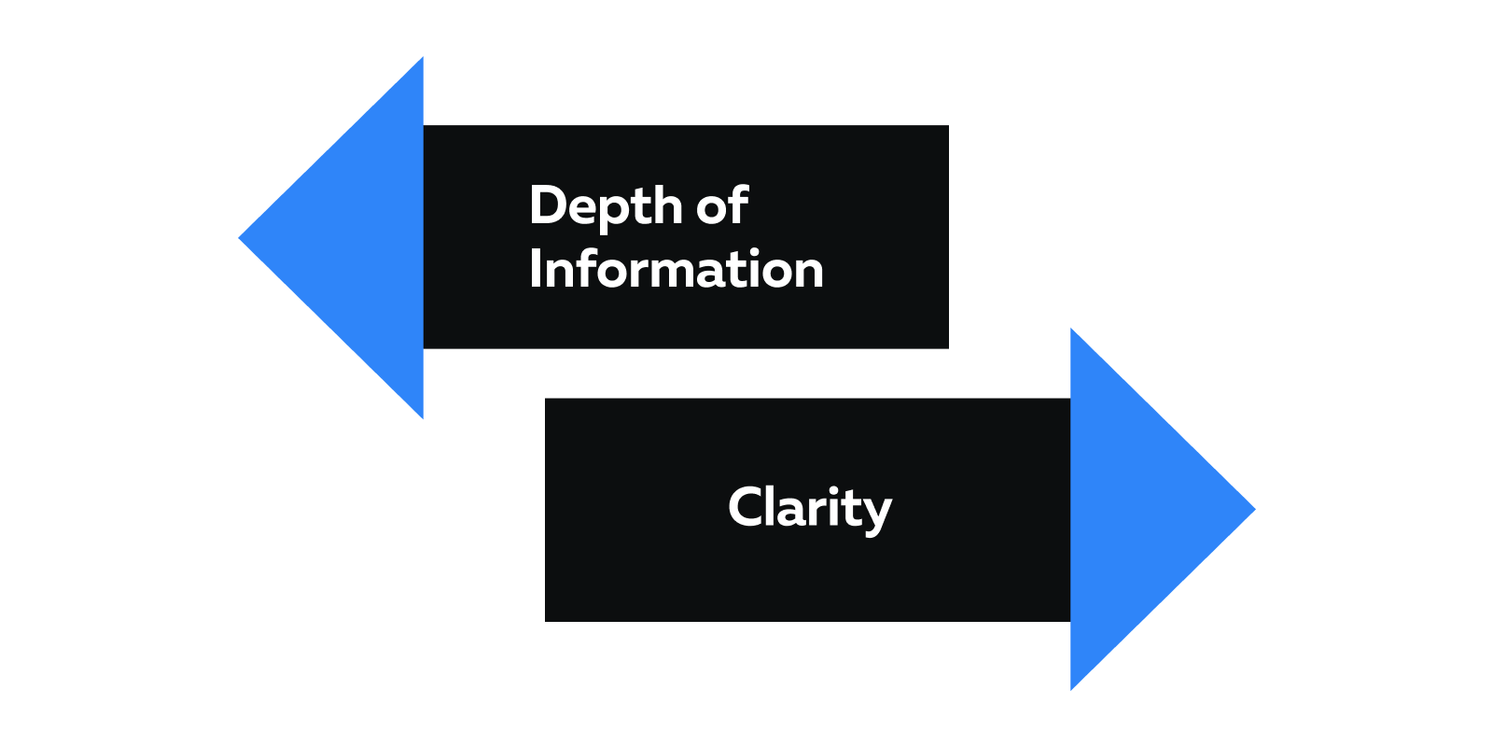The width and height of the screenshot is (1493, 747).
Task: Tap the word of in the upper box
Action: [722, 204]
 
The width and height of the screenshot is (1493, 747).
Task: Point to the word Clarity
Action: [810, 508]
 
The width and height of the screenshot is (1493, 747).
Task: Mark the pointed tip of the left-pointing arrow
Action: [239, 238]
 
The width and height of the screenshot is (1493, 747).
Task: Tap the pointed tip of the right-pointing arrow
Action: [1256, 510]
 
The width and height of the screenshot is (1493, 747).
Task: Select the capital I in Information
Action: [535, 268]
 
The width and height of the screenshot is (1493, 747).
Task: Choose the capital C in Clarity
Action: [746, 507]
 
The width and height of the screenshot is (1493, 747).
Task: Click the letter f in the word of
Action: [739, 204]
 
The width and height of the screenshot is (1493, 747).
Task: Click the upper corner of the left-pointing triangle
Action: [424, 57]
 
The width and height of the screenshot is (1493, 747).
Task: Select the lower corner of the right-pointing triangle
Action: [1071, 690]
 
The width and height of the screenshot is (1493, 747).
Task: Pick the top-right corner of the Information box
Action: [948, 125]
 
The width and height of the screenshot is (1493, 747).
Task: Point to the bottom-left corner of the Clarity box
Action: [545, 622]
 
